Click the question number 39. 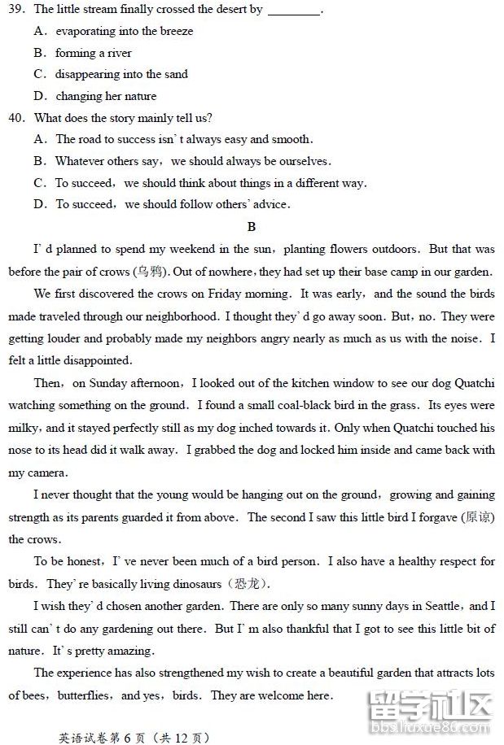coord(17,10)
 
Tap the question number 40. coord(17,118)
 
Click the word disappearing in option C coord(88,75)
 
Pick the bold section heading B coord(252,227)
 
